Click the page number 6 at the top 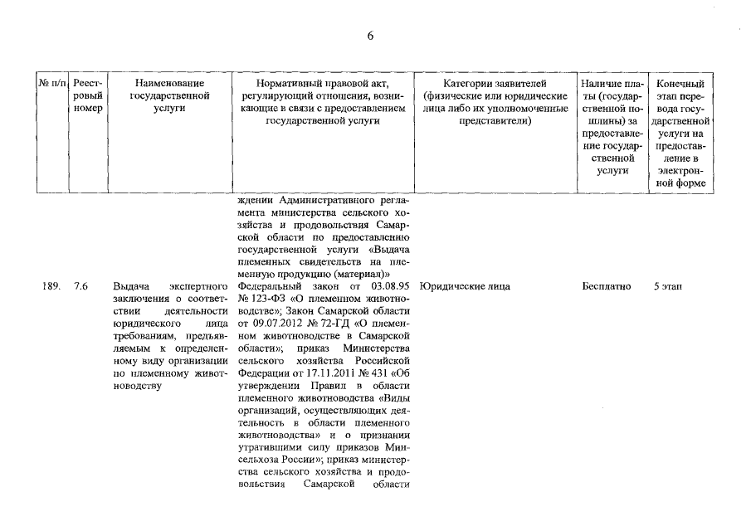(370, 35)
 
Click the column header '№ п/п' (51, 84)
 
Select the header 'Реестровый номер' (86, 96)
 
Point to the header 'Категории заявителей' (494, 84)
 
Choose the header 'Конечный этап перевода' (680, 133)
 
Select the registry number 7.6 (80, 286)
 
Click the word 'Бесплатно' (607, 286)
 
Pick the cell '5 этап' (668, 286)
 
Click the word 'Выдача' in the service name (130, 286)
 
